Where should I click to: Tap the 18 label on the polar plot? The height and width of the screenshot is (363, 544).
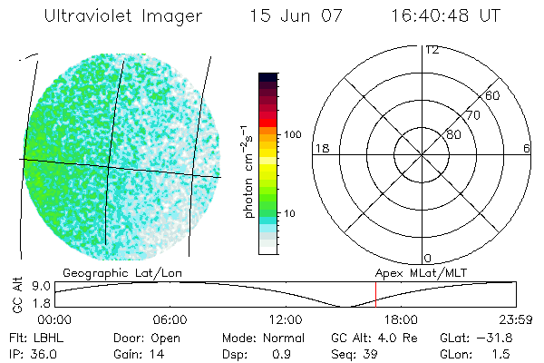[320, 148]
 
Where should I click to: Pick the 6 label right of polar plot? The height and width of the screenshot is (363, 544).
[527, 148]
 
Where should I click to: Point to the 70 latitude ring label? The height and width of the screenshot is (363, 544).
[471, 116]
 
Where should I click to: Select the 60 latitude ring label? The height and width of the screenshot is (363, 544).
[492, 95]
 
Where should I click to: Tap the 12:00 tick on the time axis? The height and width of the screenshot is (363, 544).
[286, 319]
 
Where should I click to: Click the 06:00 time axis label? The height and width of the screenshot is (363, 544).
[170, 319]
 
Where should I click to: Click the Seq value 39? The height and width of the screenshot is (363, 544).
[374, 351]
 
